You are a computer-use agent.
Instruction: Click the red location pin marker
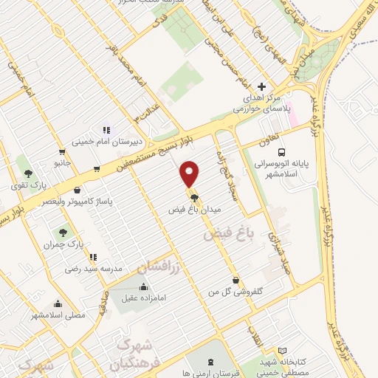point(190,174)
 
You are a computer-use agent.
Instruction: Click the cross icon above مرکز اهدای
point(261,86)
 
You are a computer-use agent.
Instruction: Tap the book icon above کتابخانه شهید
point(282,351)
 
